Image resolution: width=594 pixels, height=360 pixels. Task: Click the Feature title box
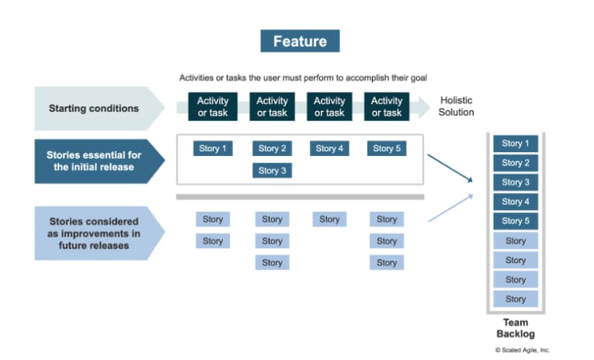pos(299,40)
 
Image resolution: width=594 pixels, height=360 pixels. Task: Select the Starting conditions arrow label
pos(94,108)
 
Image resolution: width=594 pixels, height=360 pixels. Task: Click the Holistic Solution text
pos(456,106)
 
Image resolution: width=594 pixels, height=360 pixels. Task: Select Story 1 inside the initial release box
pos(212,148)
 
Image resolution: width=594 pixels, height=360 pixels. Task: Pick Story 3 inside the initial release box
pos(272,171)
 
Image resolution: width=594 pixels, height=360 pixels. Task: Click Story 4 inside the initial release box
pos(329,148)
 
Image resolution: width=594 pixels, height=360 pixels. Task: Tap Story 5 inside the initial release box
pos(387,148)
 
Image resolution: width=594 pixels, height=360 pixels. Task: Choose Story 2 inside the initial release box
pos(272,148)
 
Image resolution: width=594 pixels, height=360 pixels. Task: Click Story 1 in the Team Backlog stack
pos(516,144)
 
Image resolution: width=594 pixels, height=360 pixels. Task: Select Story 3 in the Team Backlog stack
pos(516,182)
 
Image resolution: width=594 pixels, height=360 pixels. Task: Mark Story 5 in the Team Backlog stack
pos(516,221)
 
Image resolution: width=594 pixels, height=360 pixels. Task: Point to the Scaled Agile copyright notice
pos(523,350)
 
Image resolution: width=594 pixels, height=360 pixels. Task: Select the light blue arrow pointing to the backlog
pos(450,208)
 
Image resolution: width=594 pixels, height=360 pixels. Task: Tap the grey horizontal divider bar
pos(300,197)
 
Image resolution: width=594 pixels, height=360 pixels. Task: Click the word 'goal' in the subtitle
pos(417,78)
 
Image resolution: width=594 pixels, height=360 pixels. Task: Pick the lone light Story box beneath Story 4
pos(329,220)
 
